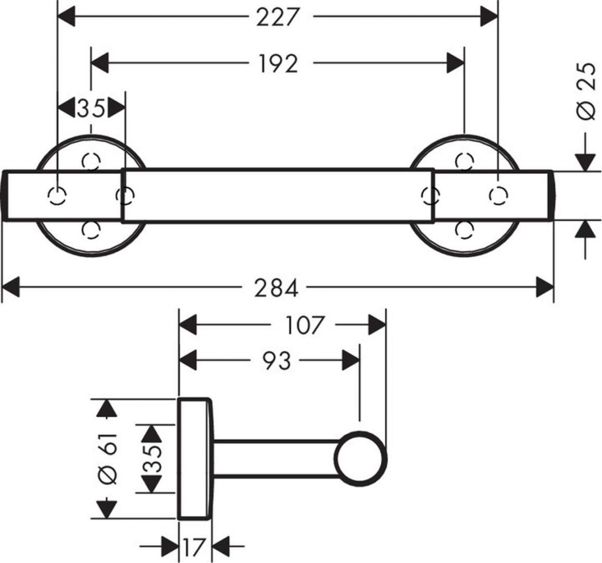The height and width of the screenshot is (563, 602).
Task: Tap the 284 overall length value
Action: [x=276, y=288]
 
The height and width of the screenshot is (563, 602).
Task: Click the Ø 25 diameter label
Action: [x=587, y=92]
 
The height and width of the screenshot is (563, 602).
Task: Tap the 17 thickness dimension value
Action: [x=195, y=548]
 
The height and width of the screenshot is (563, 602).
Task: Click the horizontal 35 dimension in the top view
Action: [x=91, y=108]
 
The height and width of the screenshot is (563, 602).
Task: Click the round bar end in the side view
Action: [x=361, y=459]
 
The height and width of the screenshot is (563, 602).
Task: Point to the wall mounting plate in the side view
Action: [x=195, y=459]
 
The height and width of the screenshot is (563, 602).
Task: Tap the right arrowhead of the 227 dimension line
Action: [x=489, y=18]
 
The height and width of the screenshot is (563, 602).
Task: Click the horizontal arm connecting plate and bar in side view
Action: [x=273, y=459]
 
